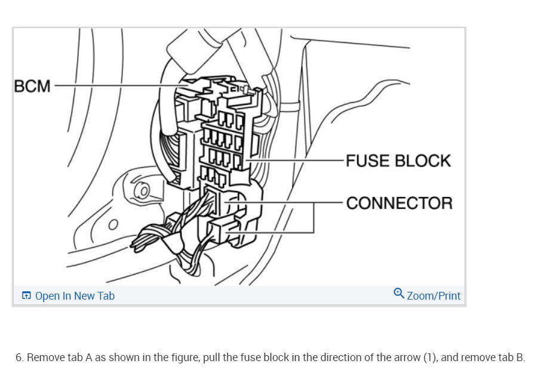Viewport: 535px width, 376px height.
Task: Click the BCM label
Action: click(x=33, y=86)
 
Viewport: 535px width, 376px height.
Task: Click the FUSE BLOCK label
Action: click(x=398, y=161)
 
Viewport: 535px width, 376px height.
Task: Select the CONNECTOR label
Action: click(x=399, y=203)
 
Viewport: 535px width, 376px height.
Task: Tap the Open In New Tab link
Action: click(x=75, y=295)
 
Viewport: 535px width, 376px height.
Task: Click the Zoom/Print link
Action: click(x=433, y=295)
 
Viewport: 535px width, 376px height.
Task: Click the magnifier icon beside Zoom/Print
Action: click(x=399, y=293)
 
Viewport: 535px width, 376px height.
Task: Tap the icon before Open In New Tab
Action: click(x=26, y=295)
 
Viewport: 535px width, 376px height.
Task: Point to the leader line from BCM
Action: click(x=119, y=86)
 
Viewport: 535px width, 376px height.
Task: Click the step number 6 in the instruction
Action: click(x=19, y=357)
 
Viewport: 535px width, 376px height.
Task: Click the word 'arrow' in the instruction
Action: click(x=406, y=357)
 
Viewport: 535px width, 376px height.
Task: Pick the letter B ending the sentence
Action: click(x=521, y=357)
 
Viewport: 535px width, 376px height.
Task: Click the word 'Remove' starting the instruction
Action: click(x=44, y=357)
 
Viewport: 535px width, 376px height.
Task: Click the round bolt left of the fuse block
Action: click(x=143, y=192)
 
